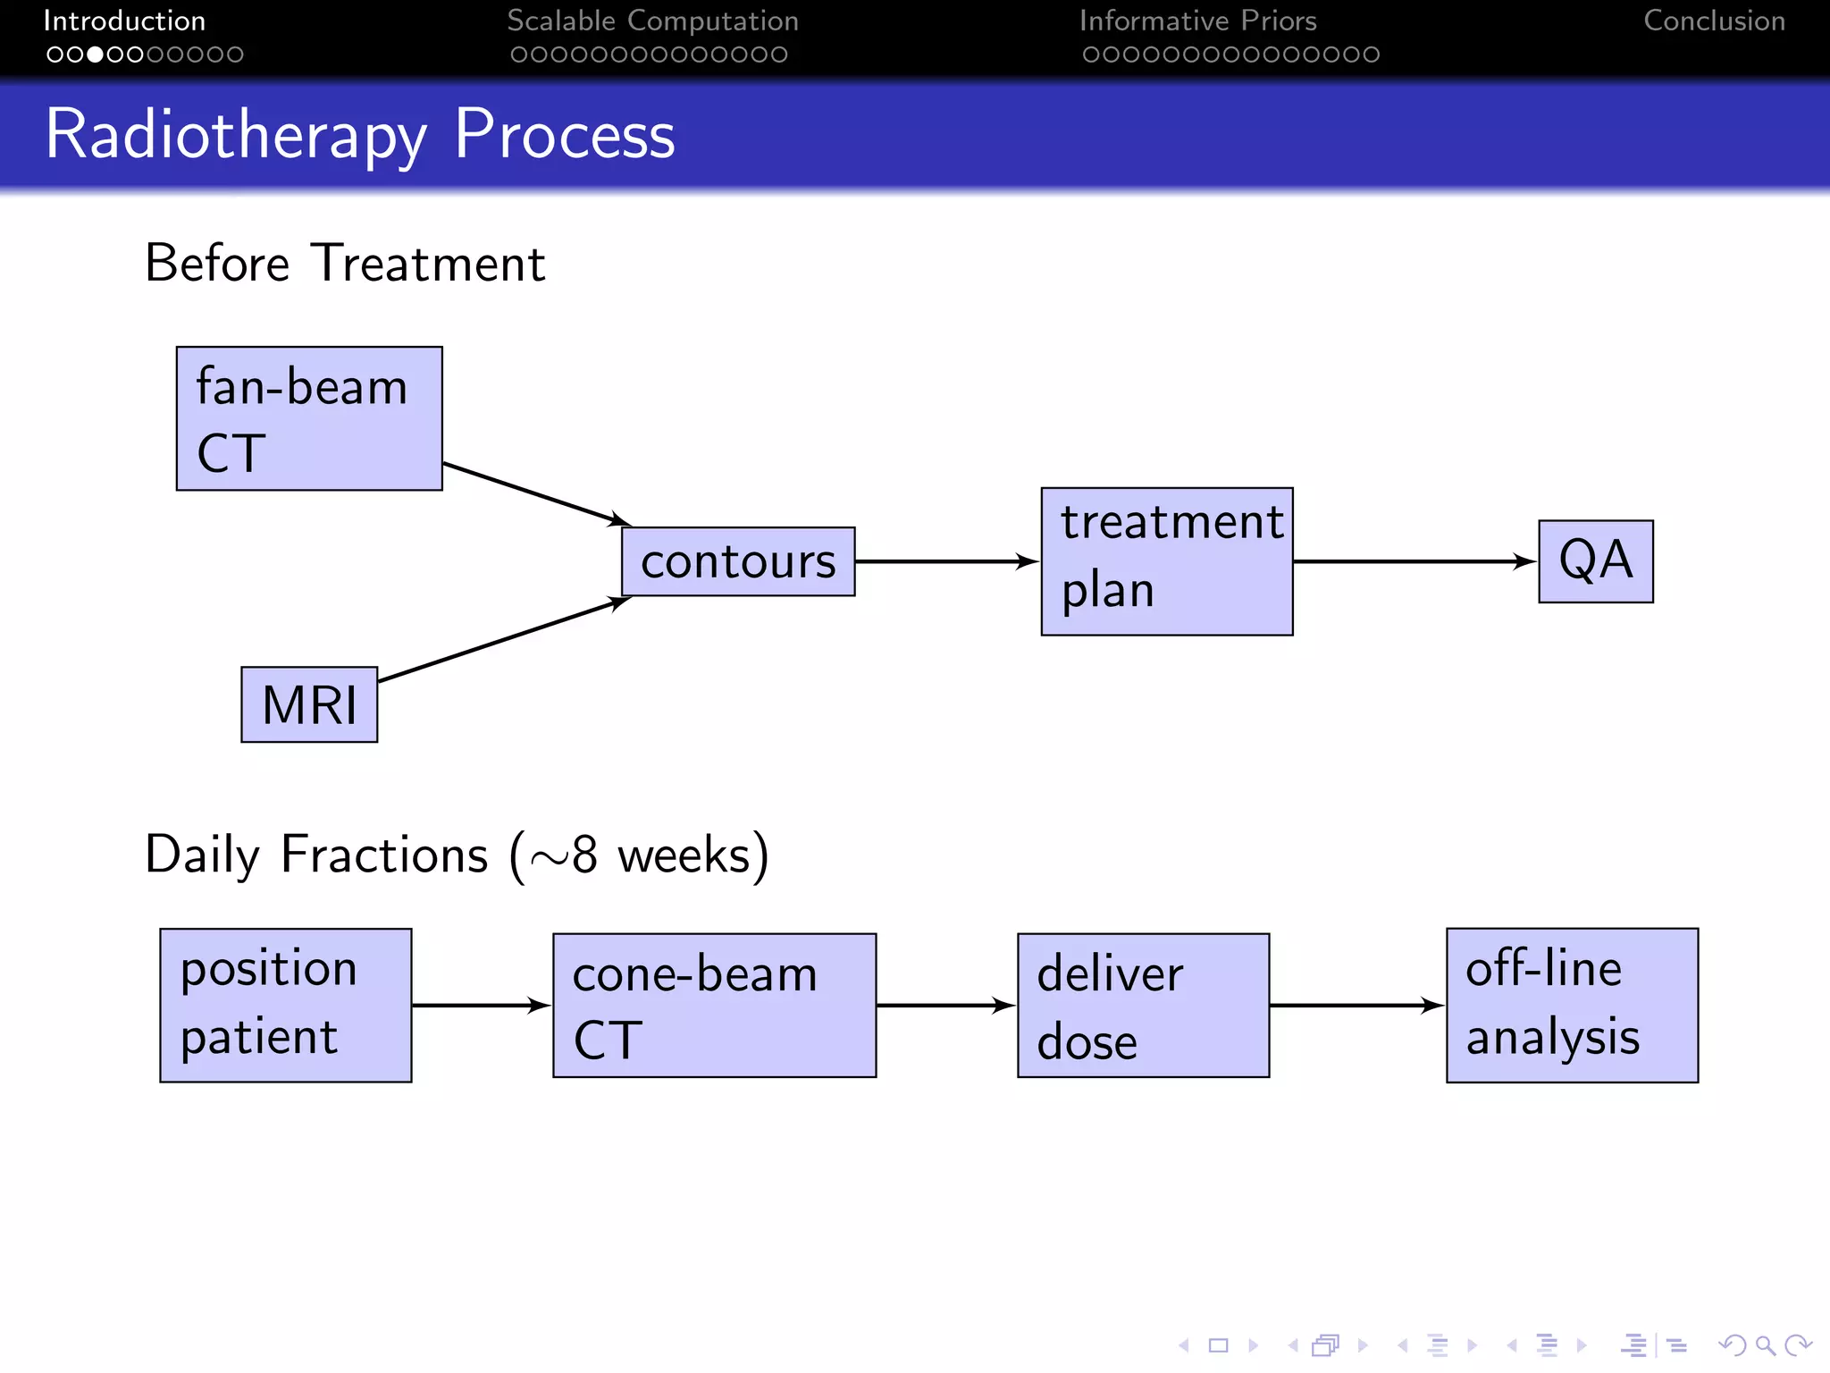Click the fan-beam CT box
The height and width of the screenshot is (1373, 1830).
click(x=309, y=418)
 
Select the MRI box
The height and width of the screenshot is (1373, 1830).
click(x=309, y=704)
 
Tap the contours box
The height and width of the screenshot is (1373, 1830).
click(x=738, y=561)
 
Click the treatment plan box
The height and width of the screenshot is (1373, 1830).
click(x=1167, y=561)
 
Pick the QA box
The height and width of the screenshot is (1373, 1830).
click(x=1596, y=561)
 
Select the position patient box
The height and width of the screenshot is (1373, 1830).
click(x=286, y=1005)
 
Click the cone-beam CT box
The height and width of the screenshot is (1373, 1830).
click(x=714, y=1005)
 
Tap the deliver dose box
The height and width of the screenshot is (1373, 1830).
click(x=1143, y=1005)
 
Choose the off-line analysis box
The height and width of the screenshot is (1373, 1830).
click(x=1572, y=1005)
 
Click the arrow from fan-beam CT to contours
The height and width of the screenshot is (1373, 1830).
click(x=536, y=494)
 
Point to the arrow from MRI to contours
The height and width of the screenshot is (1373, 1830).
click(x=505, y=640)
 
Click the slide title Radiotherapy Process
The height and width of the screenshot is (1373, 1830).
click(x=360, y=134)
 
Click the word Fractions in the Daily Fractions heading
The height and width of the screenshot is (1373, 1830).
click(x=384, y=855)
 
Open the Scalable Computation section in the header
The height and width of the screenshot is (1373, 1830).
click(x=652, y=21)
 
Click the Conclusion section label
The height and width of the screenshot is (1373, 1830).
click(x=1714, y=21)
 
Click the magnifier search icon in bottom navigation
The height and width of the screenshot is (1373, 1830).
click(x=1764, y=1344)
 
